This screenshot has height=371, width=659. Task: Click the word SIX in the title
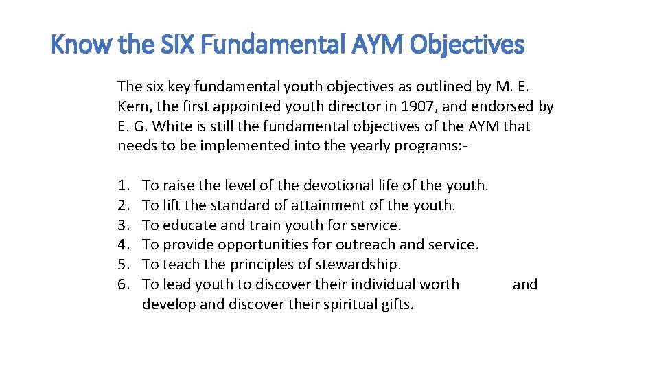pyautogui.click(x=165, y=45)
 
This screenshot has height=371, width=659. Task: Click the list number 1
pyautogui.click(x=123, y=185)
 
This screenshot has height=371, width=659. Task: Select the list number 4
pyautogui.click(x=123, y=245)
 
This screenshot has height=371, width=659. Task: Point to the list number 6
pyautogui.click(x=123, y=284)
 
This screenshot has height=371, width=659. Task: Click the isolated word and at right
pyautogui.click(x=525, y=284)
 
